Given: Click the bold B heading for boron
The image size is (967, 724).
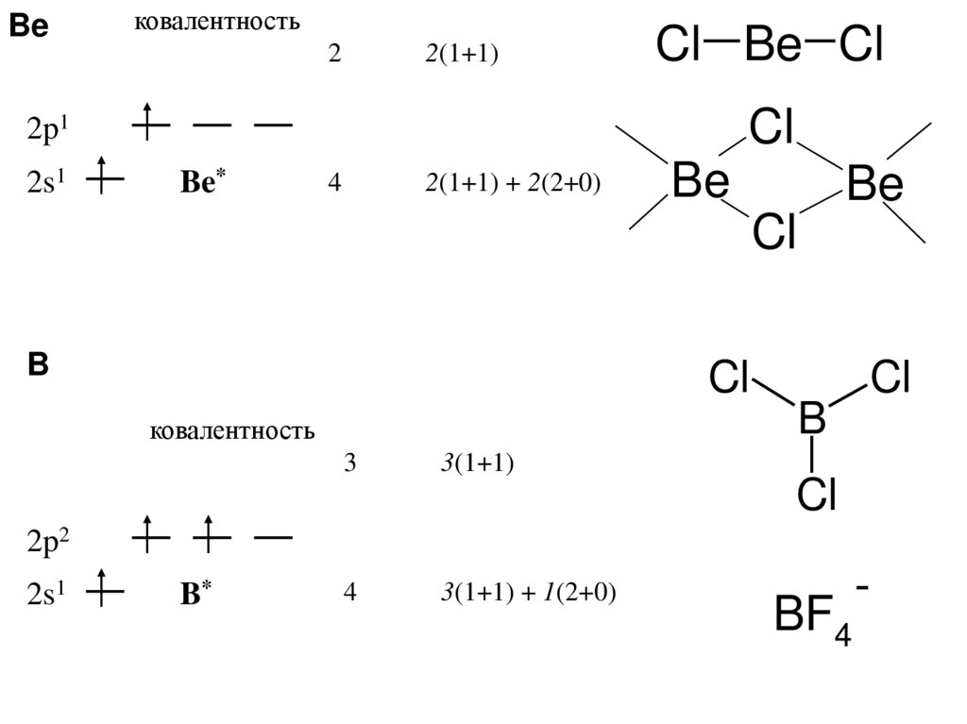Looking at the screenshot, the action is click(x=38, y=365).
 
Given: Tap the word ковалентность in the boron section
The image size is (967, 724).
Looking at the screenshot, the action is click(x=231, y=431).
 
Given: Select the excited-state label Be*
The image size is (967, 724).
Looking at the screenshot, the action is click(x=203, y=182).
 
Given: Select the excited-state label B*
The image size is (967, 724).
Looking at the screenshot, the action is click(x=196, y=593).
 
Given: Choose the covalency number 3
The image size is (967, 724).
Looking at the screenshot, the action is click(x=348, y=464).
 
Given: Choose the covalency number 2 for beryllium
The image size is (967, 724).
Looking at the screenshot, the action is click(x=334, y=55).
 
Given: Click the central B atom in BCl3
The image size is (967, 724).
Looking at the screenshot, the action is click(x=810, y=418).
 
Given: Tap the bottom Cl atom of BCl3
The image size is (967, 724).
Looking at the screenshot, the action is click(x=816, y=493).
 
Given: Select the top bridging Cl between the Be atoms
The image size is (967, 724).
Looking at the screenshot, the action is click(x=772, y=127).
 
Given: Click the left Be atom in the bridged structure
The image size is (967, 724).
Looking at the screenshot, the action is click(x=701, y=183).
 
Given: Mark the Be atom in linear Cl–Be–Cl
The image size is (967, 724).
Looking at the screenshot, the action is click(x=772, y=44).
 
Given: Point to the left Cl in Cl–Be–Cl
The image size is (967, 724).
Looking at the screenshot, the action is click(x=678, y=44).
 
